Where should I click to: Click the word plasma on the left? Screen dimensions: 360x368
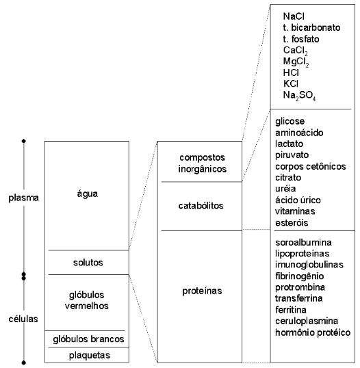23,198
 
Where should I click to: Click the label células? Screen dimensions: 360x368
23,319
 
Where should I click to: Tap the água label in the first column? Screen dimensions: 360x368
88,194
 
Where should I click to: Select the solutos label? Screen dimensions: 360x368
88,263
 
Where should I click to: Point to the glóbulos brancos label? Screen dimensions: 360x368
88,339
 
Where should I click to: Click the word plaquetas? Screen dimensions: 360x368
90,355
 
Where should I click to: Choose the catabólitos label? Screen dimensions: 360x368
201,206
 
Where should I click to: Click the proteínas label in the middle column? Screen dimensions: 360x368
202,291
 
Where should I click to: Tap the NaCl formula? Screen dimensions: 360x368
294,16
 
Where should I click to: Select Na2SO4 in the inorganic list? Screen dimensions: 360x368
299,95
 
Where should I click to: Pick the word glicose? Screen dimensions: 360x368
290,121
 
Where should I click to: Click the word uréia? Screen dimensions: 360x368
285,189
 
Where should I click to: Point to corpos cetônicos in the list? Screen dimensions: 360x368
311,167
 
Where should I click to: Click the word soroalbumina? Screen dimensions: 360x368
303,242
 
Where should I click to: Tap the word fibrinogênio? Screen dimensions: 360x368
300,276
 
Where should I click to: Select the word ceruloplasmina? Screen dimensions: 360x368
307,321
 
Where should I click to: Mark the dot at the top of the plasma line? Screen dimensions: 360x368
23,141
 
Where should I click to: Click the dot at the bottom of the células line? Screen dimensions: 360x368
23,363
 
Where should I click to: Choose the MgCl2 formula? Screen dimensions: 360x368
296,62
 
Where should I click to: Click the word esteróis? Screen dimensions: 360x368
292,222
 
